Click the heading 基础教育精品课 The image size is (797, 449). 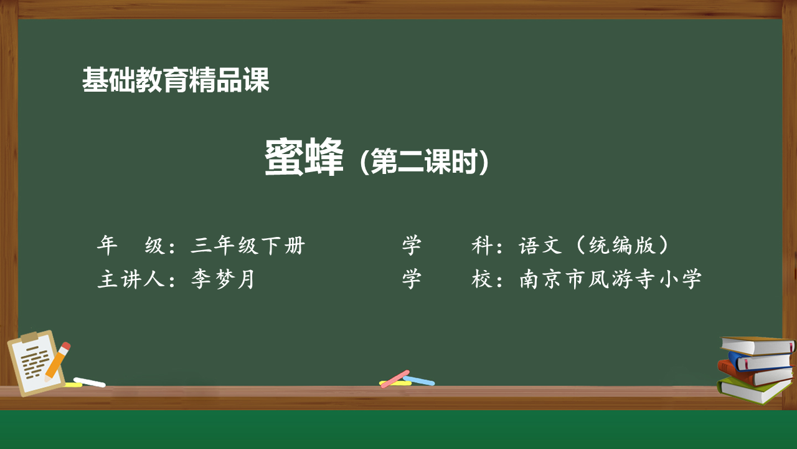(176, 80)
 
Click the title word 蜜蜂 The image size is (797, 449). (304, 157)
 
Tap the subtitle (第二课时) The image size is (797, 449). (424, 162)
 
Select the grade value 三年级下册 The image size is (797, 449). (248, 245)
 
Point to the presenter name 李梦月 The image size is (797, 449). (223, 279)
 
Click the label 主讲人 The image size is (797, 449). (131, 279)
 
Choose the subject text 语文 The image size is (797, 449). (540, 245)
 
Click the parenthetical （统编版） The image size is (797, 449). (622, 245)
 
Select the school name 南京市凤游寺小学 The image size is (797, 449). (610, 279)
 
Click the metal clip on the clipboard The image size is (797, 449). (29, 336)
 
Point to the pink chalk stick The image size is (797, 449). (395, 379)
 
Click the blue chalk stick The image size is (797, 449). (419, 380)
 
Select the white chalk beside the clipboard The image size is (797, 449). (89, 382)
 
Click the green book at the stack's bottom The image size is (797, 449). (753, 390)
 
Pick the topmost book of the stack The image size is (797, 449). (757, 345)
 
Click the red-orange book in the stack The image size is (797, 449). (755, 376)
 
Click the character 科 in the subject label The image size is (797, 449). (482, 245)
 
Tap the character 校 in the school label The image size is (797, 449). (482, 279)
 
